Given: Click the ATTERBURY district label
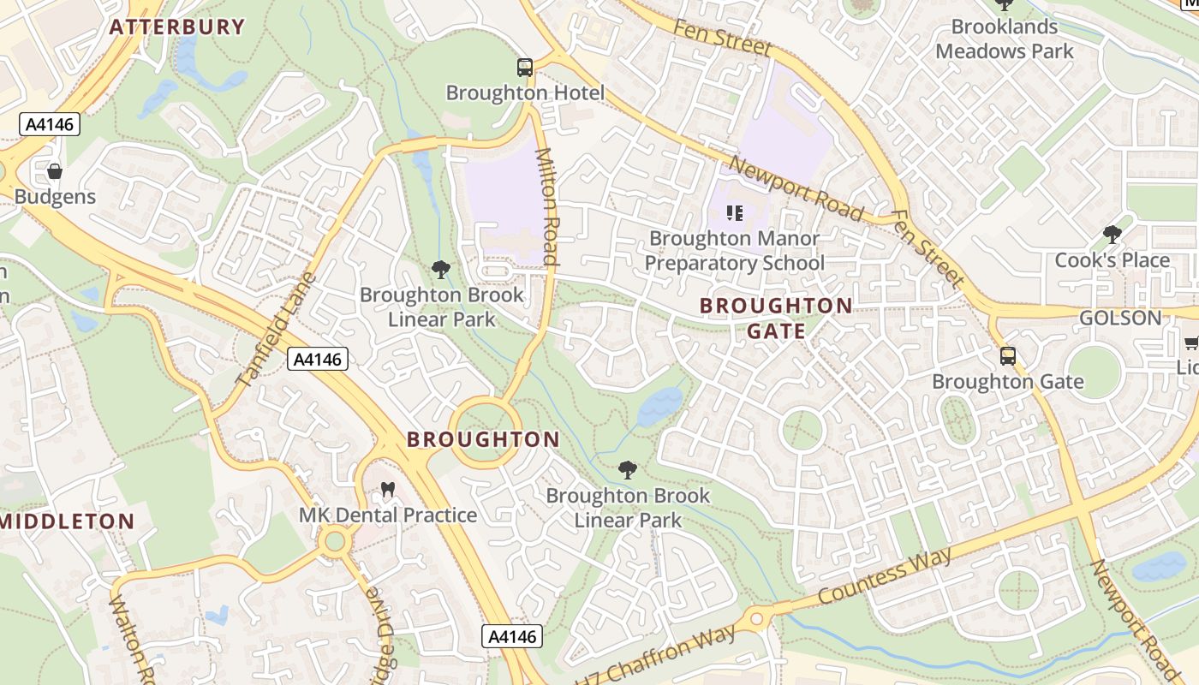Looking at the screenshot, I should pyautogui.click(x=177, y=27).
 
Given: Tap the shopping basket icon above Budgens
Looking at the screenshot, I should pyautogui.click(x=55, y=172).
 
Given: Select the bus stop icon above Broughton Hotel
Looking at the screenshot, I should pyautogui.click(x=525, y=67).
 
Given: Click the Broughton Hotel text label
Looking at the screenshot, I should pyautogui.click(x=525, y=92).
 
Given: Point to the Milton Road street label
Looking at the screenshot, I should pyautogui.click(x=547, y=205).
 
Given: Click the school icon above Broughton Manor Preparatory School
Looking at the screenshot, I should pyautogui.click(x=734, y=212).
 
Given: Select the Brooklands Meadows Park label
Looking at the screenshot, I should pyautogui.click(x=1004, y=39).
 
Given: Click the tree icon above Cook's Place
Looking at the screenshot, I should pyautogui.click(x=1112, y=234).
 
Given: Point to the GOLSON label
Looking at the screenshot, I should pyautogui.click(x=1120, y=319).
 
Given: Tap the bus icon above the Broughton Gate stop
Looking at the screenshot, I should pyautogui.click(x=1008, y=355).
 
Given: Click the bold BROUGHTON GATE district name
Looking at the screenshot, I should pyautogui.click(x=776, y=318).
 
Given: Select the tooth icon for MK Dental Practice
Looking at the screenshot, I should pyautogui.click(x=387, y=490).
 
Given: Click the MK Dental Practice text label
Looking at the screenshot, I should pyautogui.click(x=387, y=515).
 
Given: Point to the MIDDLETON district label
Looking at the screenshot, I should pyautogui.click(x=69, y=521).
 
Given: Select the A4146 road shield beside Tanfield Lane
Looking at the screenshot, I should pyautogui.click(x=318, y=359).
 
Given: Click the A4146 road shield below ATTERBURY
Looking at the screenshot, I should pyautogui.click(x=50, y=125).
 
